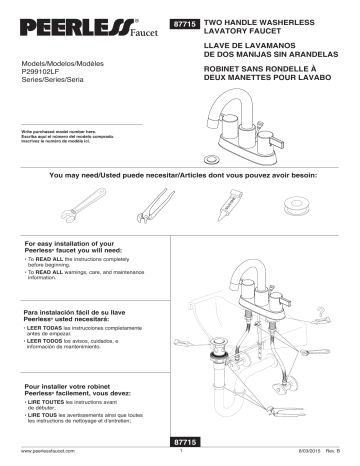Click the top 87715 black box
pos(187,21)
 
